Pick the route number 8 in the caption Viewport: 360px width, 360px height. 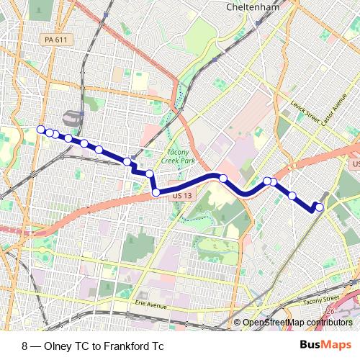pyautogui.click(x=24, y=346)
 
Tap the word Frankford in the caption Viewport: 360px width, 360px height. pyautogui.click(x=127, y=346)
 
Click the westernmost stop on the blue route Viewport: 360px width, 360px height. pyautogui.click(x=40, y=130)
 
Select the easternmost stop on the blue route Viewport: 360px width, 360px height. pyautogui.click(x=320, y=207)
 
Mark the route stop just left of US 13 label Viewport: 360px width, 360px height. pyautogui.click(x=156, y=192)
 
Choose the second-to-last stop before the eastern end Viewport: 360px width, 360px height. pyautogui.click(x=292, y=195)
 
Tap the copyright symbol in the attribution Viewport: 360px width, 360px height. pyautogui.click(x=238, y=322)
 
